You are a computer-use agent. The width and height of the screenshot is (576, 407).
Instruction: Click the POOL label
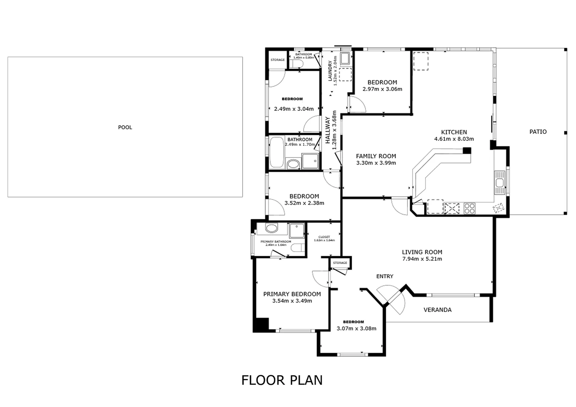(x=125, y=127)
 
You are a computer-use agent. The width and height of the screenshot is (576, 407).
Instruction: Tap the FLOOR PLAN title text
(x=282, y=380)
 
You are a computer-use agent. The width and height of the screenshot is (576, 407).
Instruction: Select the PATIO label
(x=538, y=132)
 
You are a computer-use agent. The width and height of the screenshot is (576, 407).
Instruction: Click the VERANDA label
(x=437, y=310)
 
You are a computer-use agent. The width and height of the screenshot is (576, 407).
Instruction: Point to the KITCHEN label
(x=454, y=132)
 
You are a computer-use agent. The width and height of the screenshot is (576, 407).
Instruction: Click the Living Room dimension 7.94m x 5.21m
(x=422, y=259)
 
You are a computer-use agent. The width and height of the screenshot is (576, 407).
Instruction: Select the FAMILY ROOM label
(x=376, y=156)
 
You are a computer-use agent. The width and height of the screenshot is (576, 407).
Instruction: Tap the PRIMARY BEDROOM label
(x=292, y=294)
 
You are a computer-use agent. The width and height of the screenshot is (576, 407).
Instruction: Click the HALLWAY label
(x=327, y=130)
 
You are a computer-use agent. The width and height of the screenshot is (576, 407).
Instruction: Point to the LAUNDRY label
(x=330, y=71)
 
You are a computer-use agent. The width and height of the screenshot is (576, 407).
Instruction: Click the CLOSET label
(x=324, y=237)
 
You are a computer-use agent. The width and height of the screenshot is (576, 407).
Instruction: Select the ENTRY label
(x=384, y=276)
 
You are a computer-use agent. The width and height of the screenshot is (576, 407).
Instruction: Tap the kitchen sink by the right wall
(x=500, y=183)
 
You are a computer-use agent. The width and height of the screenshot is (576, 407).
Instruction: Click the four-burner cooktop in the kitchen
(x=470, y=208)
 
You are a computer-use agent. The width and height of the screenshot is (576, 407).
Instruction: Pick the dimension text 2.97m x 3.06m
(x=382, y=89)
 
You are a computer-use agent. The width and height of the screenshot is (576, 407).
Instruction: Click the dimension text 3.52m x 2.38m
(x=304, y=203)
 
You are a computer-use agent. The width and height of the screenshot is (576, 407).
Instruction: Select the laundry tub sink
(x=345, y=58)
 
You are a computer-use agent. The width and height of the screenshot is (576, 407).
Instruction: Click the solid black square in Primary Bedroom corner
(x=261, y=325)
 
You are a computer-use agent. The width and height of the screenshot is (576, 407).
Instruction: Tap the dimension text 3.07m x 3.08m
(x=356, y=328)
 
